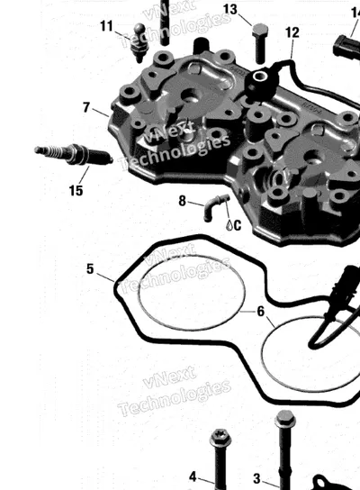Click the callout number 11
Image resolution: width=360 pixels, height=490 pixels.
106,26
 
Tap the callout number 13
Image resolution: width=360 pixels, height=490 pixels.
230,9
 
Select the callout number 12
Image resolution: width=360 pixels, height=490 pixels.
292,32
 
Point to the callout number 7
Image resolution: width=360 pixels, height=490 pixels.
86,107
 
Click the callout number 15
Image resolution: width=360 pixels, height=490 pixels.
76,190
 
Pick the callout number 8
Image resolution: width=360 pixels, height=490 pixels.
183,201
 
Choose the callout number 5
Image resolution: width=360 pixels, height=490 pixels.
90,268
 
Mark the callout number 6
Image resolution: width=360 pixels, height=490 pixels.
261,312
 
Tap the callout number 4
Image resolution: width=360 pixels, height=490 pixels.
193,476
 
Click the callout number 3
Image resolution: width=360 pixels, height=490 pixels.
256,478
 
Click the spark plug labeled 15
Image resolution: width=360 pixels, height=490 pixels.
74,154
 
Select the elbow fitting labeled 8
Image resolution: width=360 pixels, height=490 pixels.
215,207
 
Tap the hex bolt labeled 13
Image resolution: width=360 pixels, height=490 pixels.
260,43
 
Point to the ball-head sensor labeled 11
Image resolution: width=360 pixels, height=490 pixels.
139,42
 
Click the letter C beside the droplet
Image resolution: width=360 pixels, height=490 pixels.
238,225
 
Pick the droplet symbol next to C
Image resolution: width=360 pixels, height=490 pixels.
229,225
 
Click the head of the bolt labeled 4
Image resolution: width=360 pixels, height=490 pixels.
220,438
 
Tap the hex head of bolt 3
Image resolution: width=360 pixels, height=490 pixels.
285,420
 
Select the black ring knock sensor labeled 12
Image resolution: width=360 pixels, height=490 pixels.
259,79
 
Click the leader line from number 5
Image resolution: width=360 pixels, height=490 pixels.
105,277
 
